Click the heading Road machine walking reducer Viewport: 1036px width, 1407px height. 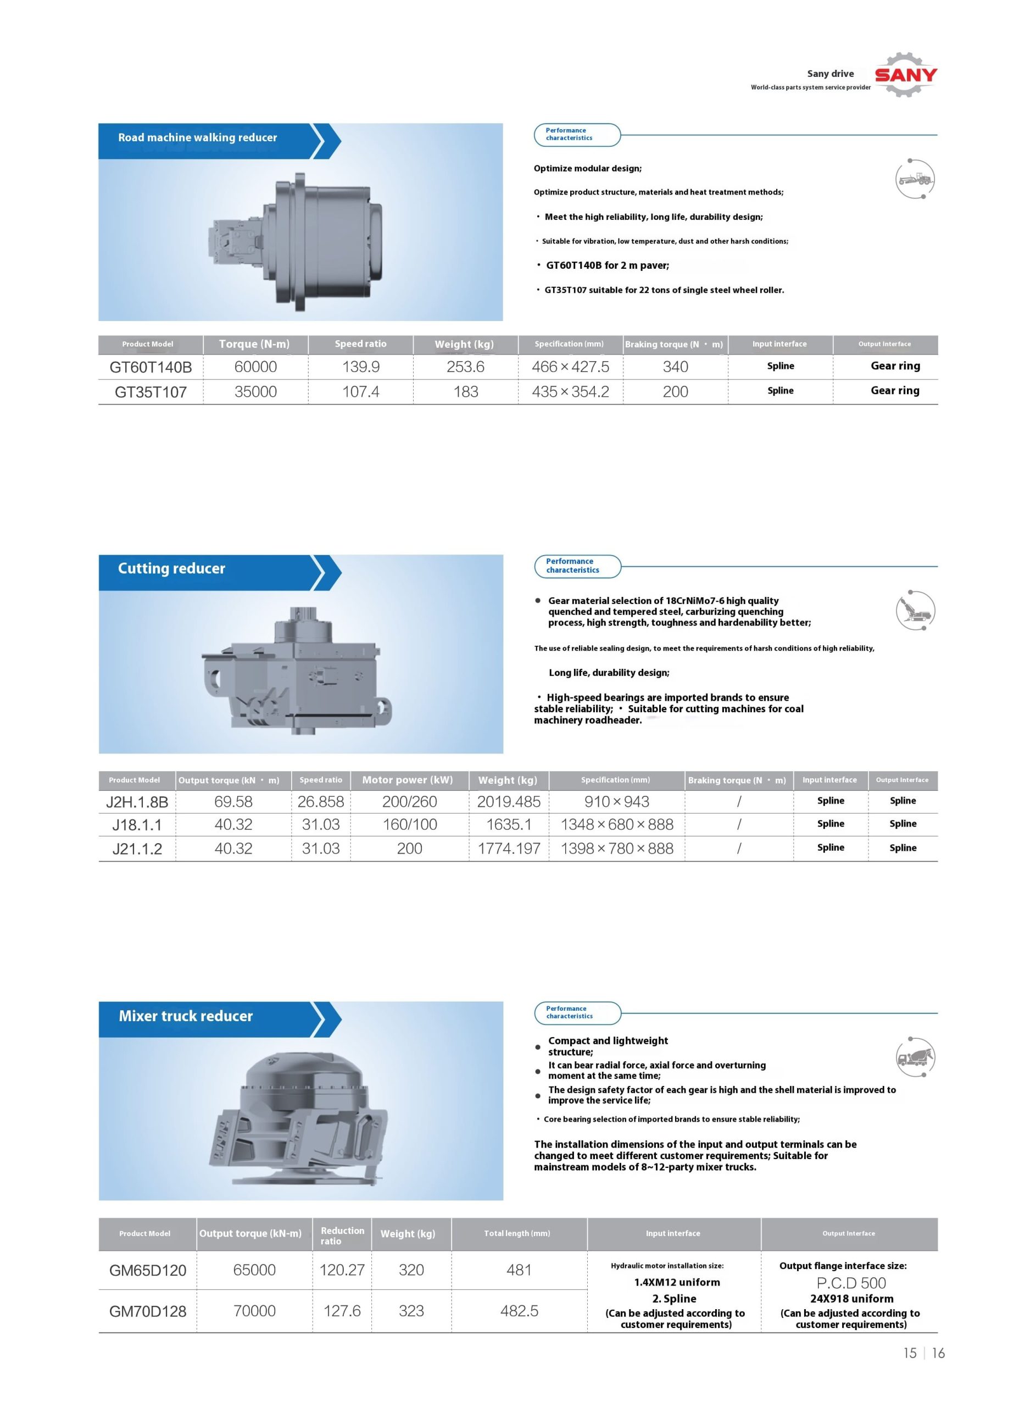coord(198,138)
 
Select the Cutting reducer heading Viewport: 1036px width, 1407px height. coord(171,568)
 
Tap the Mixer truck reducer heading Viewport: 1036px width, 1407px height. coord(186,1016)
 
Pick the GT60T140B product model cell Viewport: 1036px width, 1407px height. coord(151,368)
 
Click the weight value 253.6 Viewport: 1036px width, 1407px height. coord(465,367)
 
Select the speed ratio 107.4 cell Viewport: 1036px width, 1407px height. coord(360,392)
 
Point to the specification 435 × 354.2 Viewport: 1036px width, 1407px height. coord(570,392)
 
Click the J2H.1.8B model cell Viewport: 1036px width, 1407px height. coord(137,802)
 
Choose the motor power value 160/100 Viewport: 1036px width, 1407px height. coord(409,825)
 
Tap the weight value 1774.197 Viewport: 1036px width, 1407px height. coord(509,849)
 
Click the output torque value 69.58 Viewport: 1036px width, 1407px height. coord(233,802)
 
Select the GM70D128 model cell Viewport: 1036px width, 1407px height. coord(147,1311)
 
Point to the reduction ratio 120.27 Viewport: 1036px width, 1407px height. coord(342,1270)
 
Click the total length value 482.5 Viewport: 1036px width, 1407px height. coord(519,1311)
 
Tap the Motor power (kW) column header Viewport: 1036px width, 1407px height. coord(408,780)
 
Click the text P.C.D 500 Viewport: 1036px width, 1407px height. coord(851,1283)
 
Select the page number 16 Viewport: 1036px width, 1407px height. coord(938,1353)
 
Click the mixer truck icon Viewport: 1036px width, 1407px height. coord(915,1057)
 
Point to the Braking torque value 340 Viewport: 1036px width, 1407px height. coord(676,367)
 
